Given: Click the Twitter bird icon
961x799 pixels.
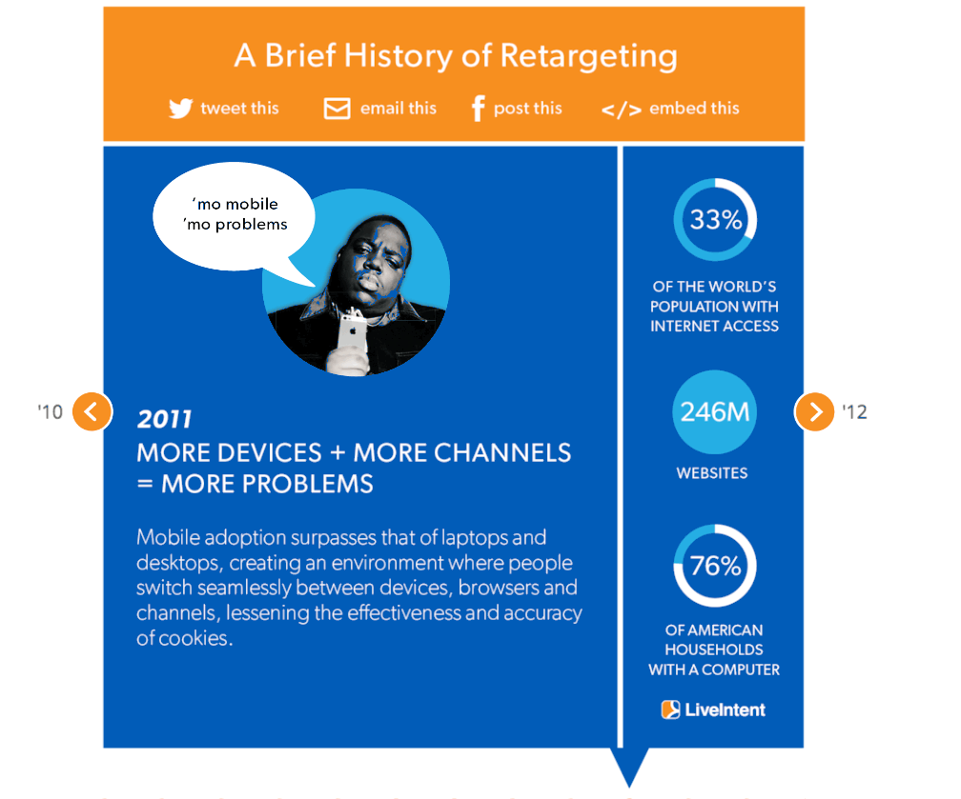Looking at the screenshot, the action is tap(181, 109).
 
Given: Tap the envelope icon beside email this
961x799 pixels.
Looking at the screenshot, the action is tap(337, 109).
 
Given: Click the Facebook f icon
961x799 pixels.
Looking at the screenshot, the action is tap(478, 109).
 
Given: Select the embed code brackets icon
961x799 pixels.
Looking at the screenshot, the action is tap(622, 110).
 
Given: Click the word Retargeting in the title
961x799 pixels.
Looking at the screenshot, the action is tap(588, 57).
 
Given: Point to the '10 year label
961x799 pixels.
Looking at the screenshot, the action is tap(51, 412).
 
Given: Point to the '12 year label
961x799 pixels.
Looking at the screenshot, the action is tap(854, 412).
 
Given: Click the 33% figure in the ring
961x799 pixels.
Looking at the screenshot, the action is tap(715, 219).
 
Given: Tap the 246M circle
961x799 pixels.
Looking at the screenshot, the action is tap(715, 412).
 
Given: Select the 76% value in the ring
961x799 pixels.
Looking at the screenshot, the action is tap(715, 566).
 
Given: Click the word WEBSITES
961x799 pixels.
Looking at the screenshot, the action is tap(712, 473).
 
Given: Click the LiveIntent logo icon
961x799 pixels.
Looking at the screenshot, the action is tap(670, 709).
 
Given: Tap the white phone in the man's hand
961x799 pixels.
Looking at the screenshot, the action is tap(353, 330).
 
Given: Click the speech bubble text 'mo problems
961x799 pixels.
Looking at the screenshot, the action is tap(235, 225).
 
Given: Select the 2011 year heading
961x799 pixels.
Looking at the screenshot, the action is tap(164, 419).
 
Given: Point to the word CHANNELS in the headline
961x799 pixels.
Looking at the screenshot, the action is tap(501, 453).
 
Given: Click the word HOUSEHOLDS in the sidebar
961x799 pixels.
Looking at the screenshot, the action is tap(714, 649).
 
